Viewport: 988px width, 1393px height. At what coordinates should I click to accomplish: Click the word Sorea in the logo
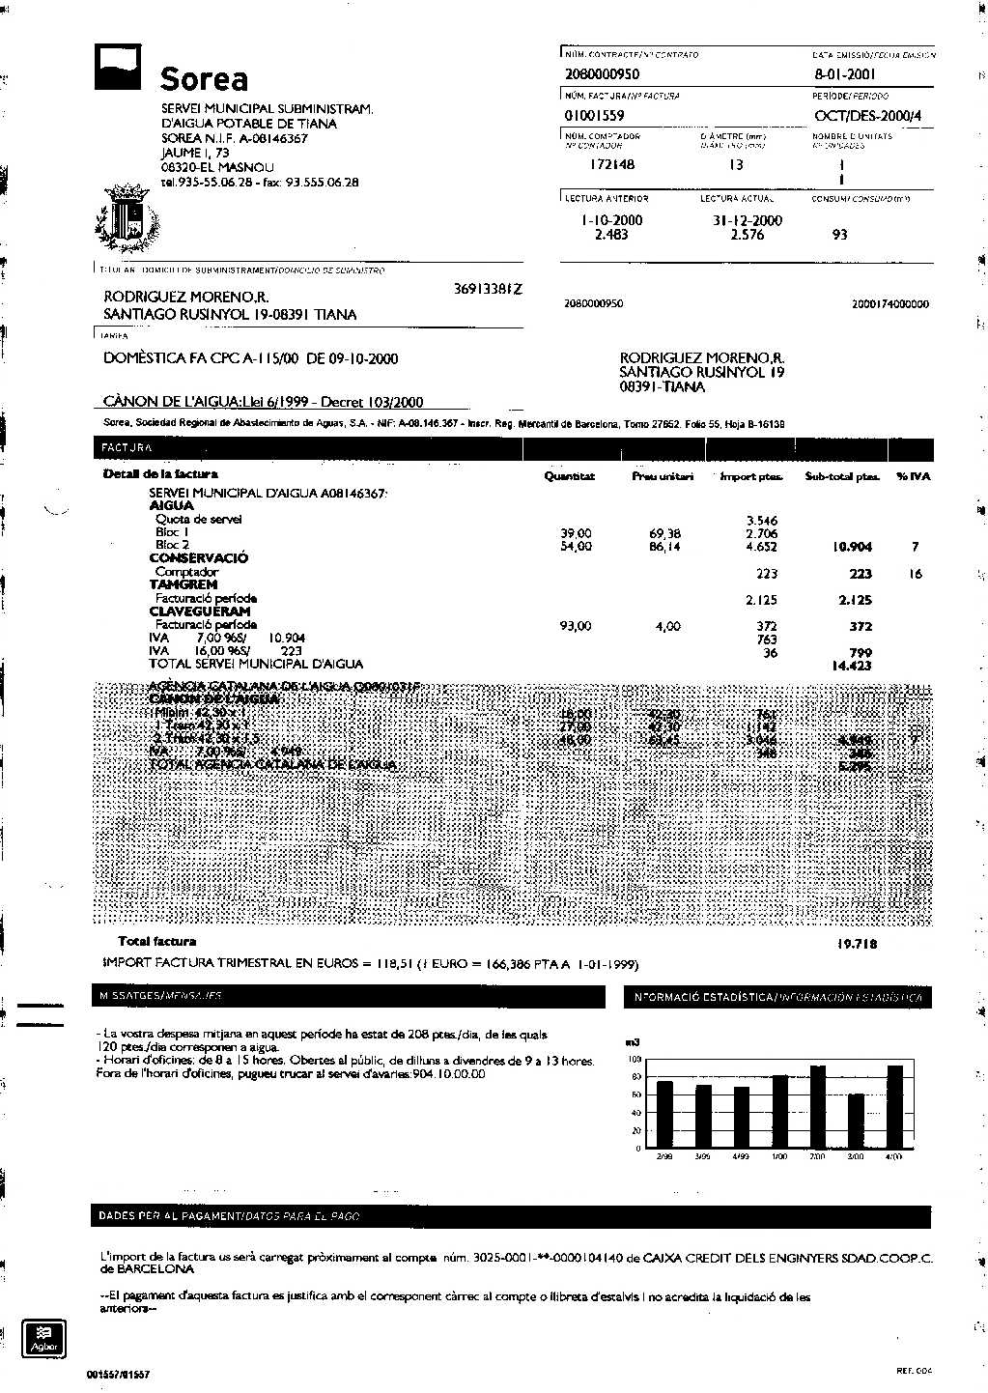[204, 78]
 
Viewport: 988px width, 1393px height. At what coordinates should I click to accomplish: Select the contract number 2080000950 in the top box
[602, 73]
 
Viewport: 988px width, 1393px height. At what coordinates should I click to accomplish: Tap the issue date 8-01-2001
[845, 73]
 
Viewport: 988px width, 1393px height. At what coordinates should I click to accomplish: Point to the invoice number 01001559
[594, 116]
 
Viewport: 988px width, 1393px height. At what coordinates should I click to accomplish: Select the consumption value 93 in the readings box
[839, 235]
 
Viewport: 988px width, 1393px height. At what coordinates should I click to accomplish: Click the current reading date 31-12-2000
[748, 220]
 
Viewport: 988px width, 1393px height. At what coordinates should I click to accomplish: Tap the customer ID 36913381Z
[488, 289]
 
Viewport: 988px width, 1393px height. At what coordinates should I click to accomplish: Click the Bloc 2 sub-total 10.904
[852, 547]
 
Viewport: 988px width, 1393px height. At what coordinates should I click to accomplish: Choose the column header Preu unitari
[663, 476]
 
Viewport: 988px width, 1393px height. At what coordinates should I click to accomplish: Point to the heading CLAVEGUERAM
[200, 611]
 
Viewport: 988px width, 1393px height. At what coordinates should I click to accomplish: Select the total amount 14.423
[851, 666]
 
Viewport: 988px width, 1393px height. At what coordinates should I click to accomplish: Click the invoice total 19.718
[857, 944]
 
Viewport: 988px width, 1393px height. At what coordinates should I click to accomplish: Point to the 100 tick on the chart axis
[635, 1060]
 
